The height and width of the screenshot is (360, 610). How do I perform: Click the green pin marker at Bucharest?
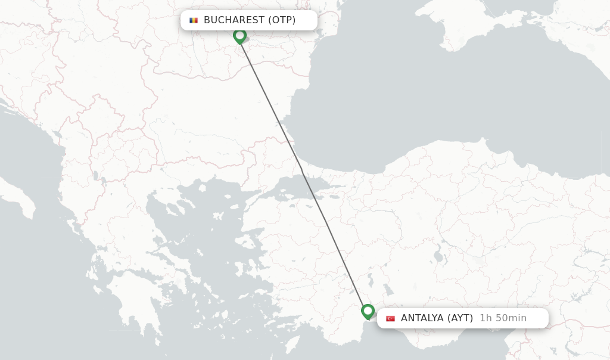239,36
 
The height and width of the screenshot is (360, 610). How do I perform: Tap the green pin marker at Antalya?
368,311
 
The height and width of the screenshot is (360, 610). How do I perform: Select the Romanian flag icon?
194,20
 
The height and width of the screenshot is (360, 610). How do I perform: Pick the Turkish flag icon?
390,318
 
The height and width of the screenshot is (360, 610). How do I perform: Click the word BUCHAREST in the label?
234,20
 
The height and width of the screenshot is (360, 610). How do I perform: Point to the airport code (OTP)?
282,20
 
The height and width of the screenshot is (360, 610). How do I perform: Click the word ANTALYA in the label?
422,318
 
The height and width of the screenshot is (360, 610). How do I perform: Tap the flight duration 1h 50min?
503,318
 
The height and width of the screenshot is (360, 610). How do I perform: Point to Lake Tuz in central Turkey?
439,256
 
